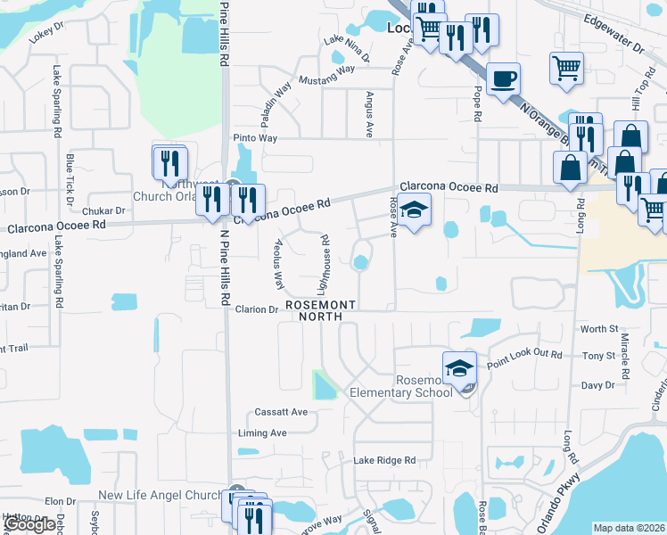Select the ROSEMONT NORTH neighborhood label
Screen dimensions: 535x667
click(x=321, y=310)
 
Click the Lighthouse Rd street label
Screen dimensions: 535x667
click(x=325, y=264)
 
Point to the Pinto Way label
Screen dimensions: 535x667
click(x=255, y=138)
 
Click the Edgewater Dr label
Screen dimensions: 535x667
click(x=613, y=29)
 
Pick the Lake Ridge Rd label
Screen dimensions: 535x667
click(x=384, y=460)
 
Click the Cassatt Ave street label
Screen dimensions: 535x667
click(x=281, y=412)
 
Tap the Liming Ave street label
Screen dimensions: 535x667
click(x=262, y=433)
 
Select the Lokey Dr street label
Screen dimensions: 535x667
click(x=47, y=34)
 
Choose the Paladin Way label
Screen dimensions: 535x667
click(x=276, y=103)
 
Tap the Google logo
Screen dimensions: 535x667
click(x=29, y=525)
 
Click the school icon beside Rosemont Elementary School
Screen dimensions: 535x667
click(x=458, y=367)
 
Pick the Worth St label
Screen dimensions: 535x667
click(x=599, y=329)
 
